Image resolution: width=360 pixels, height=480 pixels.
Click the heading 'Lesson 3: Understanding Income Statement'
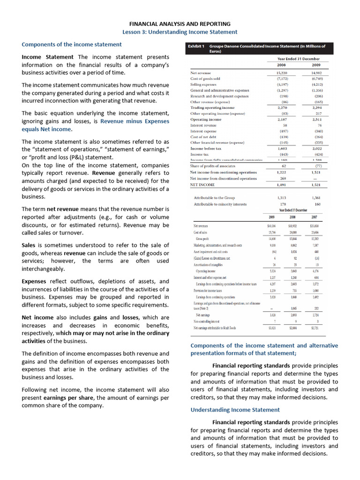click(180, 32)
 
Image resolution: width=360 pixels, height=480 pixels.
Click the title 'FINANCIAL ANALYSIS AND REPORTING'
click(180, 23)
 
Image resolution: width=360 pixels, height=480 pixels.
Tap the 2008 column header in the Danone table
click(282, 65)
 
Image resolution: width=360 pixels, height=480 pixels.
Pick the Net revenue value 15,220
click(282, 73)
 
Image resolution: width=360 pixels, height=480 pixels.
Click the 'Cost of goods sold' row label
click(206, 79)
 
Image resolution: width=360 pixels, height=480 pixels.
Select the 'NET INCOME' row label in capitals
click(203, 185)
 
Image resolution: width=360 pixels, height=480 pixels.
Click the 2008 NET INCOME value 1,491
click(282, 185)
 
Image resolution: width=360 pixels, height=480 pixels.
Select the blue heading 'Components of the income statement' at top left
click(72, 45)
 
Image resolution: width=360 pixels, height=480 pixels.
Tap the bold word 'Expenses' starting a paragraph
click(34, 281)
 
